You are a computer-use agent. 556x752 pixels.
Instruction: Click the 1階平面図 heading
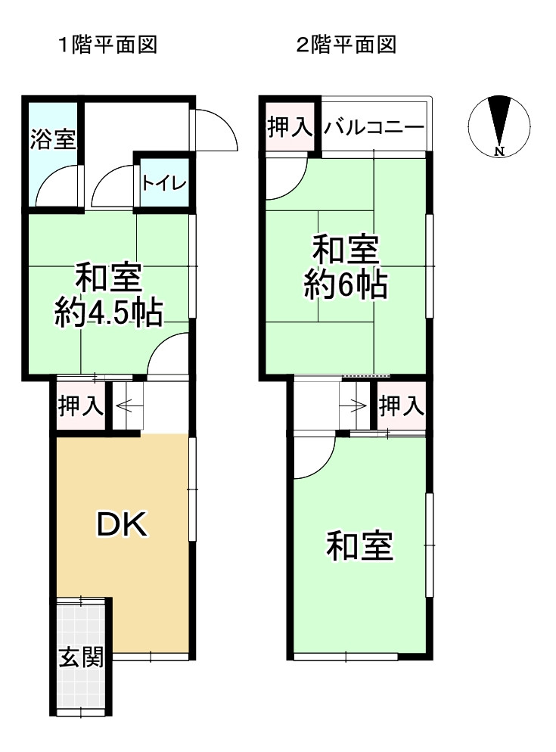click(108, 45)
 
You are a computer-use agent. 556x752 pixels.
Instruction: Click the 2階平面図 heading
click(347, 45)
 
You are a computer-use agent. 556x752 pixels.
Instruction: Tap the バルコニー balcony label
click(374, 128)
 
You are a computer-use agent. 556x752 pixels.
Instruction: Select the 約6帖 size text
click(346, 286)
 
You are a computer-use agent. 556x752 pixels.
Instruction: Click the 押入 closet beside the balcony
click(289, 128)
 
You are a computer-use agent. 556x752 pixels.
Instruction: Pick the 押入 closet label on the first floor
click(81, 407)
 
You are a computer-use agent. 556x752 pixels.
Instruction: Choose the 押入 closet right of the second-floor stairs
click(401, 407)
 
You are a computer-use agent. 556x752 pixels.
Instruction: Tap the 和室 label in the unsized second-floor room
click(359, 546)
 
